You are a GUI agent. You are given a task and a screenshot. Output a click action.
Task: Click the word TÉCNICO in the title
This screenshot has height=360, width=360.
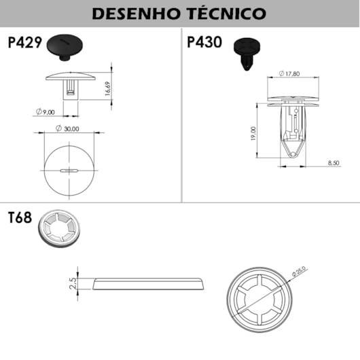pos(227,14)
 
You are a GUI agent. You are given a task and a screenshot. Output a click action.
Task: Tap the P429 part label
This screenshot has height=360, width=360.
pos(25,42)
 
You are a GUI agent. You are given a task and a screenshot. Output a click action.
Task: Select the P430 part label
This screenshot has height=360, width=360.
pos(204,42)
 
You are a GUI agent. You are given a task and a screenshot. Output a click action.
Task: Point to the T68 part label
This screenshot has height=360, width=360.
pos(20,217)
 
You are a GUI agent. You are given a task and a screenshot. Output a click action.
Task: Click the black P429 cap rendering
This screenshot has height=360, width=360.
pos(65,48)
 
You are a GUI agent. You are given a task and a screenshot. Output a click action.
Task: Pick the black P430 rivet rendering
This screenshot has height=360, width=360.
pos(247,54)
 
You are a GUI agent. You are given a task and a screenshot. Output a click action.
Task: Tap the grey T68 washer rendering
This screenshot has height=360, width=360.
pos(59,228)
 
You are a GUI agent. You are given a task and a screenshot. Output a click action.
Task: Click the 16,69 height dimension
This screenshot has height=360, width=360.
pos(107,88)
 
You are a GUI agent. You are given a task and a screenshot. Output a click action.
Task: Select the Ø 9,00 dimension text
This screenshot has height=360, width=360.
pos(46,112)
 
